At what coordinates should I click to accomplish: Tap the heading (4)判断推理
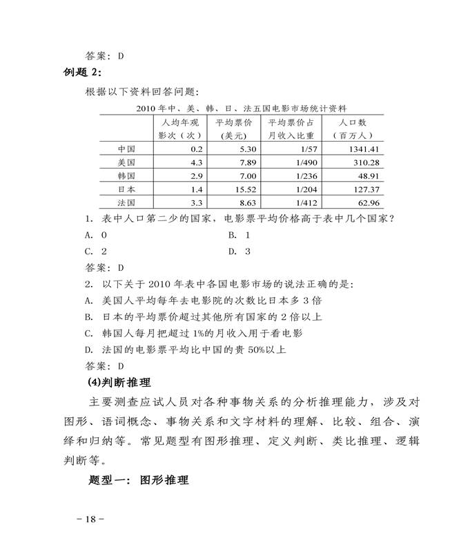click(x=121, y=382)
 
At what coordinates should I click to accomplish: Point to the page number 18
click(x=90, y=520)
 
